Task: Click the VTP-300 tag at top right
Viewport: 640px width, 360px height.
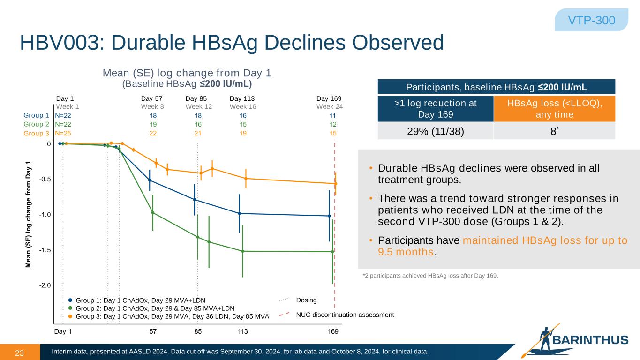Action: (591, 20)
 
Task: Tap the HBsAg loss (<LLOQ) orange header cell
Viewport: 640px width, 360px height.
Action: (554, 108)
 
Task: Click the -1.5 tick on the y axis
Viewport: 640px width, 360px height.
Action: (45, 250)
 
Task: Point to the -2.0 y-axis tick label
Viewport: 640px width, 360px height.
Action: (45, 285)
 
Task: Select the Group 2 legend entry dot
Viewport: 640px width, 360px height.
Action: (70, 308)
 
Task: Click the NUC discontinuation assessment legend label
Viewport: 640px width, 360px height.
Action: (345, 315)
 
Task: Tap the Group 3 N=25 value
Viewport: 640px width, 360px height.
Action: (63, 133)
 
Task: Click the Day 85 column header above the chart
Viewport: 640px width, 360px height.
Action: (196, 98)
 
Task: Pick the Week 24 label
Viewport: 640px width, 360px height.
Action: (330, 107)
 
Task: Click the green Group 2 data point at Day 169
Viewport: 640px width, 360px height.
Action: (332, 252)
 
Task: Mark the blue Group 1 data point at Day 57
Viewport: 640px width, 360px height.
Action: (150, 180)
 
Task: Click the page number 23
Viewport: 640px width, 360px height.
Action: (20, 353)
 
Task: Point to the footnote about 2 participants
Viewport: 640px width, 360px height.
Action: (430, 275)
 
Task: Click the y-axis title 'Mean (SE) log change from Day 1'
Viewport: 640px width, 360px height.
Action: (29, 214)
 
